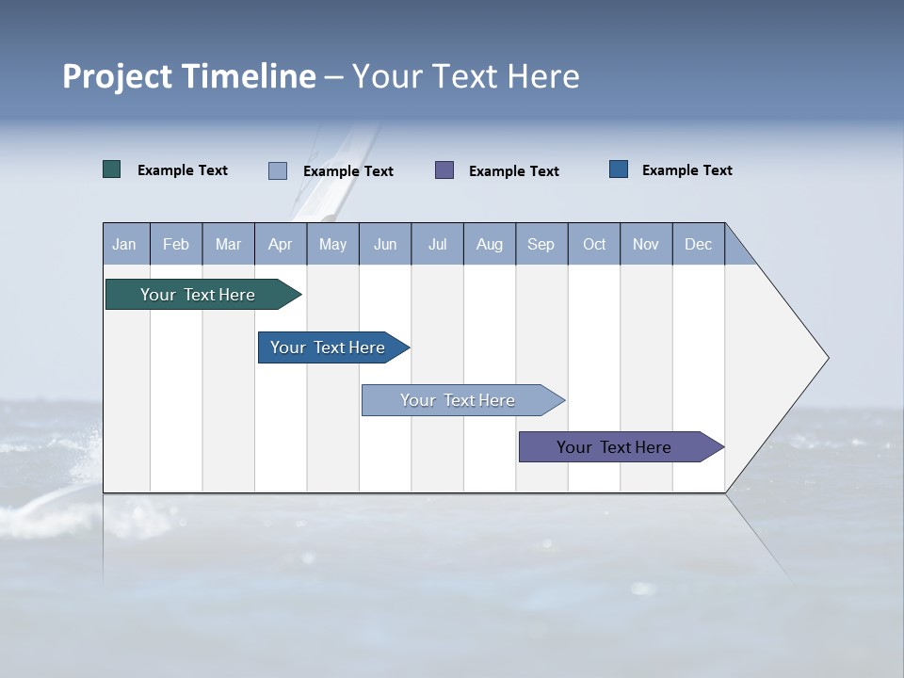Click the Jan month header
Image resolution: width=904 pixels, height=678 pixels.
tap(124, 244)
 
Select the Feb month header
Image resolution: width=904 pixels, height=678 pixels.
tap(176, 244)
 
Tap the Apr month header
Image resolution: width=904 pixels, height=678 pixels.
tap(280, 244)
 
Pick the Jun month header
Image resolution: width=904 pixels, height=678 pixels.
tap(385, 244)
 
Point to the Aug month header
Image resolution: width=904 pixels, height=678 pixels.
tap(489, 244)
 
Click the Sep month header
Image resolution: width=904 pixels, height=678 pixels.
tap(541, 244)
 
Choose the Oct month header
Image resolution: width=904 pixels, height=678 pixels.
tap(594, 244)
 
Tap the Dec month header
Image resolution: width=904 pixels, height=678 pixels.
tap(698, 244)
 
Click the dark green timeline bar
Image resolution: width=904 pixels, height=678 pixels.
tap(198, 295)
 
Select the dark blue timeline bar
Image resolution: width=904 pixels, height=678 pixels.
tap(328, 347)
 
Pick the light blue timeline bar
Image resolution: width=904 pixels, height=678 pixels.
tap(458, 400)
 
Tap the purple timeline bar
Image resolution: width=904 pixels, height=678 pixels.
tap(614, 447)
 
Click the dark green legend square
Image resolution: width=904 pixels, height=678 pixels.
tap(112, 169)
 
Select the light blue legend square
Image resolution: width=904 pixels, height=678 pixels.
tap(278, 170)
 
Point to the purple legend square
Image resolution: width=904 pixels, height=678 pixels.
tap(444, 170)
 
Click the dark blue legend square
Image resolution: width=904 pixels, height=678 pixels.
tap(619, 169)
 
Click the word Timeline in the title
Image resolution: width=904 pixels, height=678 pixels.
tap(249, 76)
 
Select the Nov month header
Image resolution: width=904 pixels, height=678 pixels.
tap(646, 244)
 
